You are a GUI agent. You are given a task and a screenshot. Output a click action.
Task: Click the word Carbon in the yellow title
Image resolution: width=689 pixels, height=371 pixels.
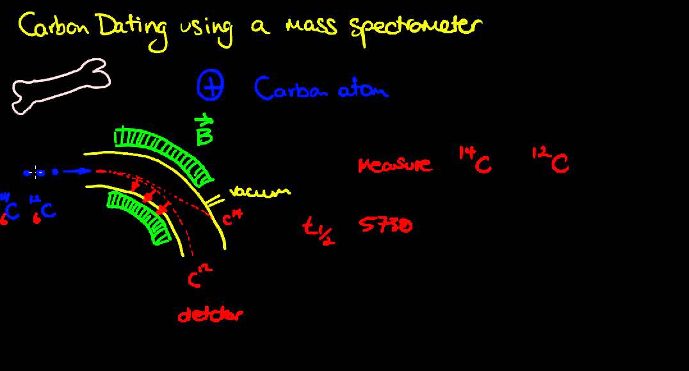57,27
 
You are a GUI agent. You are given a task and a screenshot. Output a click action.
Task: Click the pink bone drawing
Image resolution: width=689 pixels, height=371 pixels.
60,86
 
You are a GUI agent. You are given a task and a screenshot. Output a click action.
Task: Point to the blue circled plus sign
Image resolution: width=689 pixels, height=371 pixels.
210,87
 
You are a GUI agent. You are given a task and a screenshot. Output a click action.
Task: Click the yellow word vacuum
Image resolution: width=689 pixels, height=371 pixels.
259,191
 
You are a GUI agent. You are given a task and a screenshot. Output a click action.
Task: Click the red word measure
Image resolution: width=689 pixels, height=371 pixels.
395,166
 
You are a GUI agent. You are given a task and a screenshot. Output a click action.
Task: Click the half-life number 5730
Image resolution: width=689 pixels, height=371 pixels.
386,225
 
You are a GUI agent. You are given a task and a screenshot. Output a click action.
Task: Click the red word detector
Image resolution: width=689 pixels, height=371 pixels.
210,314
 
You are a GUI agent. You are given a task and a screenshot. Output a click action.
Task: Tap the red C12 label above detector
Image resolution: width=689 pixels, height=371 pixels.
200,276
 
